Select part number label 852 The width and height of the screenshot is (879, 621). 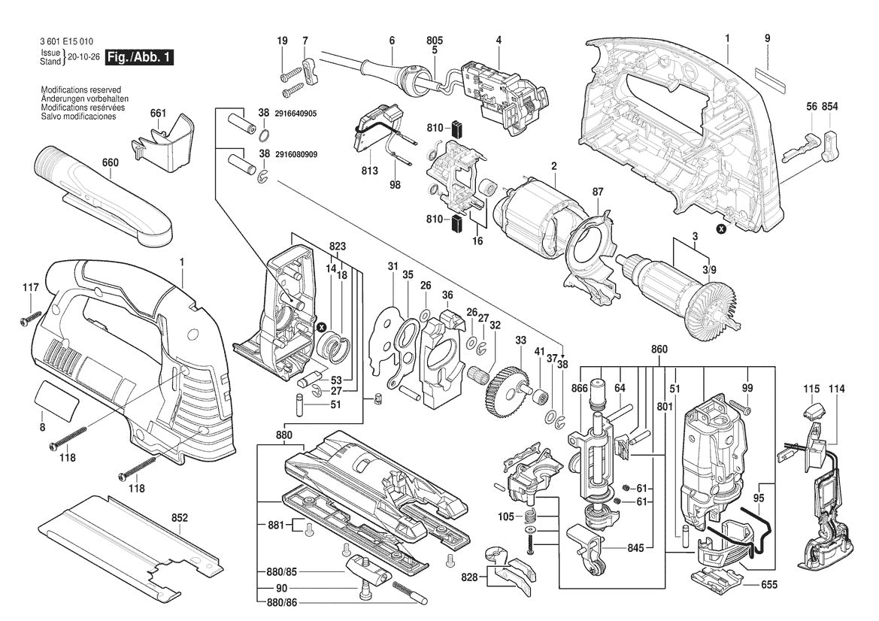click(180, 517)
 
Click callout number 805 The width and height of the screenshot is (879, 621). click(435, 40)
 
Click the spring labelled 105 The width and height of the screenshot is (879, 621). click(532, 517)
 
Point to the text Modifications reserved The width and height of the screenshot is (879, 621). click(81, 89)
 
